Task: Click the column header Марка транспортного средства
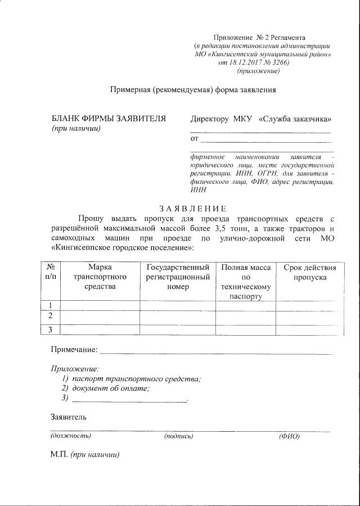coord(100,277)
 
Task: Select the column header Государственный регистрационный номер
coord(178,277)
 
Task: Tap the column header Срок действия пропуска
coord(309,272)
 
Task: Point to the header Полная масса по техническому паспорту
coord(246,282)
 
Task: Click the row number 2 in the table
coord(51,315)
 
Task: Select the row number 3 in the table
coord(51,329)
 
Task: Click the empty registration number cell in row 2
coord(178,317)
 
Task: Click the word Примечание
coord(74,350)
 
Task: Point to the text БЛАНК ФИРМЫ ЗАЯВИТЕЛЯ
coord(109,119)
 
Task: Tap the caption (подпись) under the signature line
coord(178,436)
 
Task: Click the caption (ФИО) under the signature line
coord(289,436)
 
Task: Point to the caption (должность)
coord(71,436)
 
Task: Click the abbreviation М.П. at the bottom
coord(59,454)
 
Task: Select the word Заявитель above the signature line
coord(69,417)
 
